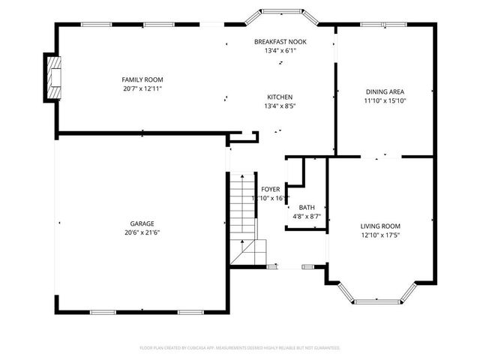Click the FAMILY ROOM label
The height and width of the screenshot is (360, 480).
point(142,79)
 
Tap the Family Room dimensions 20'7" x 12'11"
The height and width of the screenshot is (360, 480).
point(142,88)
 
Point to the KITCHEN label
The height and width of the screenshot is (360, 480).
point(280,97)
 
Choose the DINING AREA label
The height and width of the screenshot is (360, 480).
point(385,91)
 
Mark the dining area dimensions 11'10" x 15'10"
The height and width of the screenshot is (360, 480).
point(385,100)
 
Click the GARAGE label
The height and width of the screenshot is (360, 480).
point(142,223)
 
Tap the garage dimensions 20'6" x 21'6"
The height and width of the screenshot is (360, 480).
point(142,232)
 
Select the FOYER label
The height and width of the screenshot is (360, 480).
point(270,190)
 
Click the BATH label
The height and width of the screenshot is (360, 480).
point(307,208)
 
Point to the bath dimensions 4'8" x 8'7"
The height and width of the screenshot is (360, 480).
point(307,217)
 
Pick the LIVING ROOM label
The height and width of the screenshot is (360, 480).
point(380,226)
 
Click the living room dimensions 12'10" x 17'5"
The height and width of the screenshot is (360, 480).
point(380,235)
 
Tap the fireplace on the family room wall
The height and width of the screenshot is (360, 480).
point(52,77)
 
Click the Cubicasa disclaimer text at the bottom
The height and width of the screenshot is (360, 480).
point(240,348)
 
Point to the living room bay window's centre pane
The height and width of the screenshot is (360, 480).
point(376,301)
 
